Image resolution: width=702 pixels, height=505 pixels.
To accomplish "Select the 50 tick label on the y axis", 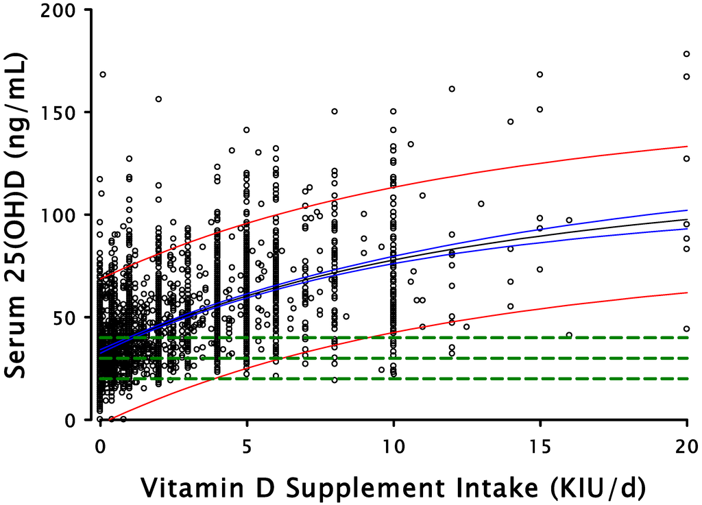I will tap(70, 317).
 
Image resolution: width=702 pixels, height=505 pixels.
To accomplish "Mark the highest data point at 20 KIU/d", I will tap(686, 53).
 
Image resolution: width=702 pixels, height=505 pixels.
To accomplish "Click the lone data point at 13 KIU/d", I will tap(481, 204).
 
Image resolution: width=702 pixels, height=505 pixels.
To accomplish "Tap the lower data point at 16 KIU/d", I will tap(569, 335).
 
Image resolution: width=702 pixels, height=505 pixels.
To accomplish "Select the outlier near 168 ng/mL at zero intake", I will tap(103, 74).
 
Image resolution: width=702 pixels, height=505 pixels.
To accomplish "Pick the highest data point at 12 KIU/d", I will tap(452, 88).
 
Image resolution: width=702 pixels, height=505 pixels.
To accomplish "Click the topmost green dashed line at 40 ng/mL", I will tap(480, 337).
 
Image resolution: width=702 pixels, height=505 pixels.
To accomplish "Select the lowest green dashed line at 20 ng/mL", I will tap(480, 378).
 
